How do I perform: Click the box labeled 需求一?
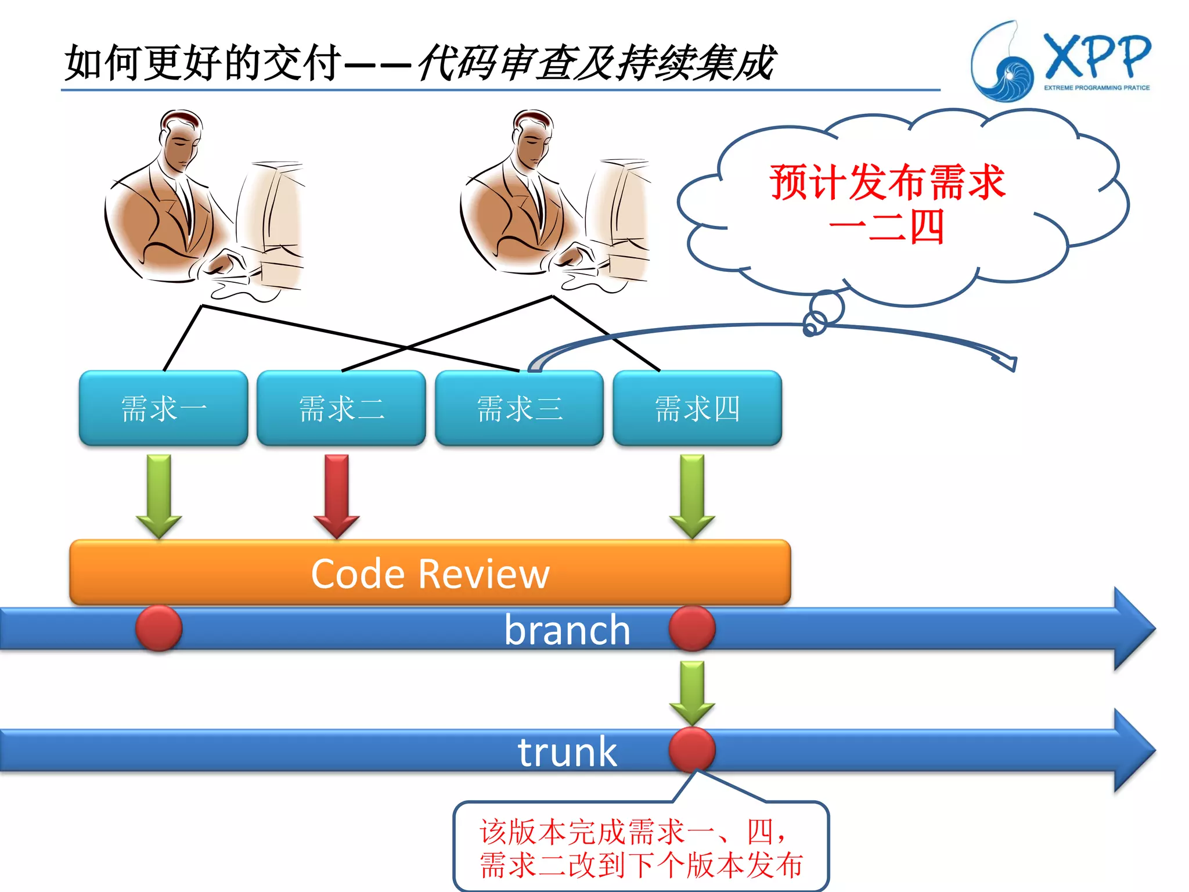pyautogui.click(x=163, y=408)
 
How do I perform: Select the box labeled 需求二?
pyautogui.click(x=341, y=408)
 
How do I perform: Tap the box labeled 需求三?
pyautogui.click(x=519, y=408)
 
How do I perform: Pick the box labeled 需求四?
pyautogui.click(x=697, y=408)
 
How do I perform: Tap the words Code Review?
pyautogui.click(x=430, y=574)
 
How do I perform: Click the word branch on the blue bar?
pyautogui.click(x=567, y=630)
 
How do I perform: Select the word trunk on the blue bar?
pyautogui.click(x=567, y=751)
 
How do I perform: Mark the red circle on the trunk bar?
pyautogui.click(x=692, y=749)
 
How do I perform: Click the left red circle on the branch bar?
pyautogui.click(x=159, y=628)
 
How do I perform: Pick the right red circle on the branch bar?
pyautogui.click(x=692, y=628)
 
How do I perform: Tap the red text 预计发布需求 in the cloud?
pyautogui.click(x=887, y=182)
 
